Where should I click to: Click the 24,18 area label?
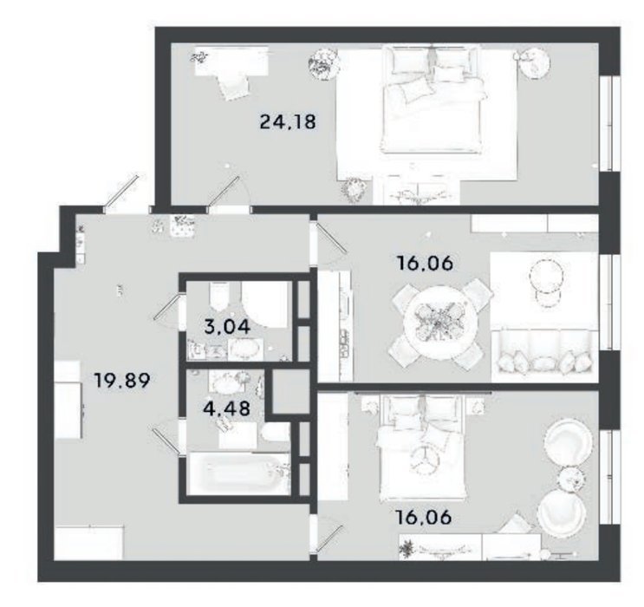click(x=288, y=122)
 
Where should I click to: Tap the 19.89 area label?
click(x=122, y=380)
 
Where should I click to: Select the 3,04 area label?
click(x=227, y=327)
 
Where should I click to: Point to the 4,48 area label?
click(x=227, y=408)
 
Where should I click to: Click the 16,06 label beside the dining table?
click(x=425, y=263)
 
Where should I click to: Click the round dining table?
click(x=439, y=323)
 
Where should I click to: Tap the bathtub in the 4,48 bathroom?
click(x=239, y=473)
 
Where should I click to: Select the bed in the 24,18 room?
click(x=432, y=101)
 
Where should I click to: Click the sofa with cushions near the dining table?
click(x=544, y=356)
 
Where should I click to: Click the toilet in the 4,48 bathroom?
click(x=276, y=433)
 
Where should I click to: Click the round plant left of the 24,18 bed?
click(x=324, y=63)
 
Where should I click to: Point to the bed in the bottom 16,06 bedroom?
click(x=423, y=448)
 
